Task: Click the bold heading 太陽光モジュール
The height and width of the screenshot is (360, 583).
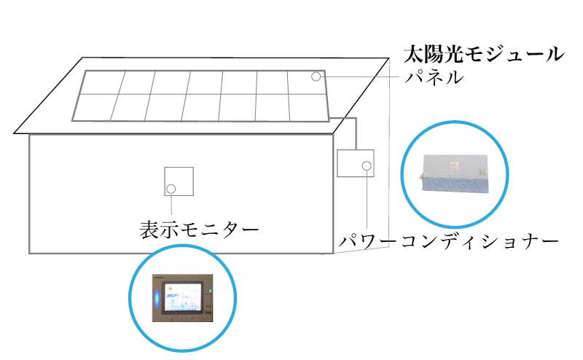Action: point(484,54)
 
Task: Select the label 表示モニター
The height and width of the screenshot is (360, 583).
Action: point(199,230)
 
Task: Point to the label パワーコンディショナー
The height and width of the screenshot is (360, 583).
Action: point(449,240)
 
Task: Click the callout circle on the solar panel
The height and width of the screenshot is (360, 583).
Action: point(316,77)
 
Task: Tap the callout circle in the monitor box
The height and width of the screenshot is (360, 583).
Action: point(171,189)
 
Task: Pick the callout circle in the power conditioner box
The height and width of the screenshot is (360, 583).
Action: point(366,167)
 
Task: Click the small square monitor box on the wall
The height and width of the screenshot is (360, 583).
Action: point(179,181)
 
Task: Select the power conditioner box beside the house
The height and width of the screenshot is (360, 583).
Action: point(356,163)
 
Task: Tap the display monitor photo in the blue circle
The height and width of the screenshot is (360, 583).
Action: point(182,299)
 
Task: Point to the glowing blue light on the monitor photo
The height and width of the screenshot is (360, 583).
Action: point(157,298)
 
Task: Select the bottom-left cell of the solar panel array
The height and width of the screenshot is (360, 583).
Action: point(93,108)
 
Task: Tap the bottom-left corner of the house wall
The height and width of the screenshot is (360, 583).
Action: point(30,252)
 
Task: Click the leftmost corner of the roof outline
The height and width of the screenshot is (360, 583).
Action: point(15,133)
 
